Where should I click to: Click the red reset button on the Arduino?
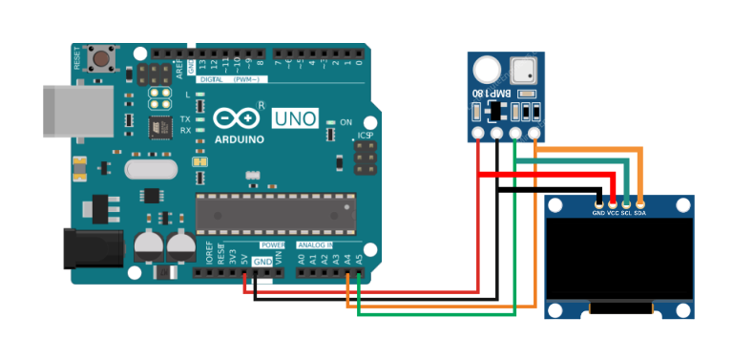click(98, 60)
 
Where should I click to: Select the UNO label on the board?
click(295, 118)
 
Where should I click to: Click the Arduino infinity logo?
click(236, 118)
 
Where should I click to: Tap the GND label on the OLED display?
click(598, 212)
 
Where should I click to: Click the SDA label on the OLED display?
click(640, 212)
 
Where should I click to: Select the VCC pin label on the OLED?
click(613, 212)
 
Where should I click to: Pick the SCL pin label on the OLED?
click(626, 212)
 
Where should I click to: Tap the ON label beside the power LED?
click(346, 122)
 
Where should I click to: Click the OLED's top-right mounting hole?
click(682, 206)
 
